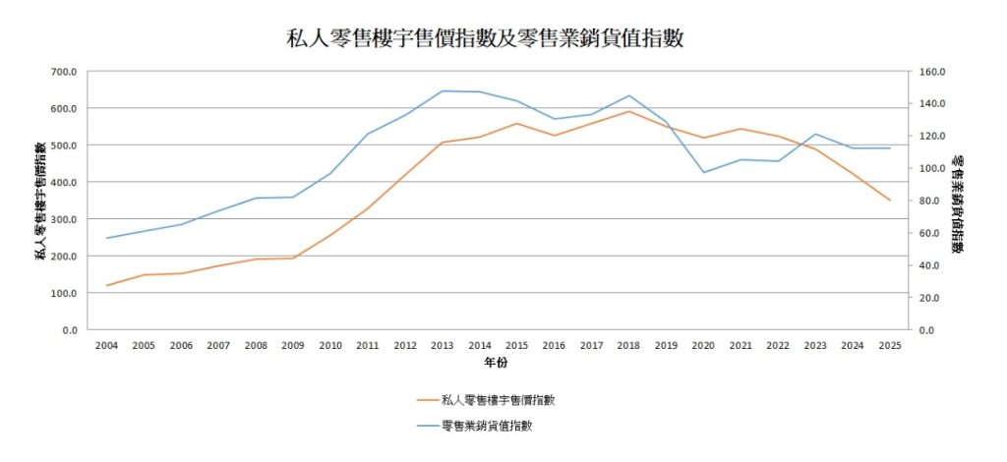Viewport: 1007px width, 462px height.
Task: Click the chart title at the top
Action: (485, 39)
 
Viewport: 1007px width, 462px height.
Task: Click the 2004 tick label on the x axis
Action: (106, 345)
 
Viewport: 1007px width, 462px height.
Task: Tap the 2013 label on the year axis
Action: (443, 345)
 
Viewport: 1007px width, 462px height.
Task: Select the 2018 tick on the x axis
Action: (628, 345)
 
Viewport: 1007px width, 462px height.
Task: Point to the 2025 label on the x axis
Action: (890, 345)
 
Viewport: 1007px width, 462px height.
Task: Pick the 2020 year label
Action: (703, 345)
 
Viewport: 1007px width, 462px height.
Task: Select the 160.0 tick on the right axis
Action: (930, 72)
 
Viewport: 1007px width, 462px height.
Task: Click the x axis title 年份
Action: (497, 364)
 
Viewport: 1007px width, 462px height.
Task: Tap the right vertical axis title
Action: (960, 201)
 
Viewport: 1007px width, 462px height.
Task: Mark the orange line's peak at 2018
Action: (628, 111)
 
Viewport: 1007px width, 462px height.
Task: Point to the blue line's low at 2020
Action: (703, 173)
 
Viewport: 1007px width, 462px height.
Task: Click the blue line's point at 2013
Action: (443, 91)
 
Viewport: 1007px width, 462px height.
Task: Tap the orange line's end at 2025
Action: (890, 201)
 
